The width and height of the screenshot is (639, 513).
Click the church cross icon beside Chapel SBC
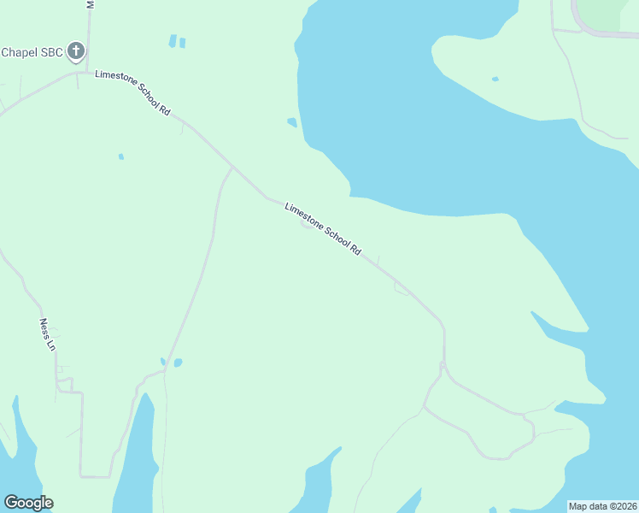(x=76, y=51)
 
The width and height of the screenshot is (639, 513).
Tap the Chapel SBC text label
(x=32, y=52)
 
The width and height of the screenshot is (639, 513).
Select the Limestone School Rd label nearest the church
(x=133, y=93)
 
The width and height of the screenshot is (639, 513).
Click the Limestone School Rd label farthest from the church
(x=323, y=228)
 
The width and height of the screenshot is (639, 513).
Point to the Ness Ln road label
(x=47, y=335)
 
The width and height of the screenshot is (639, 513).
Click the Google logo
(x=28, y=503)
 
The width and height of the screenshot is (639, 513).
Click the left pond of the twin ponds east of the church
(x=173, y=40)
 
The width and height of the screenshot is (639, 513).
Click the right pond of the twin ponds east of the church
(x=182, y=42)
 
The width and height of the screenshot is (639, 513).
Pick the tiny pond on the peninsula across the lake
(x=495, y=80)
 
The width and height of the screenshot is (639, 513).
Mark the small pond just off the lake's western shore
(x=292, y=122)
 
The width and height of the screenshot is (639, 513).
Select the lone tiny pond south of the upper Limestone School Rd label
(x=120, y=156)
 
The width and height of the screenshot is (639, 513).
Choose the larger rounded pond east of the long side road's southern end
(x=178, y=363)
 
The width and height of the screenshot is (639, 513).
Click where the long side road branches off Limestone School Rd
(x=232, y=166)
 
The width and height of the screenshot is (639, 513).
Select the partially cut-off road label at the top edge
(x=90, y=4)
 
